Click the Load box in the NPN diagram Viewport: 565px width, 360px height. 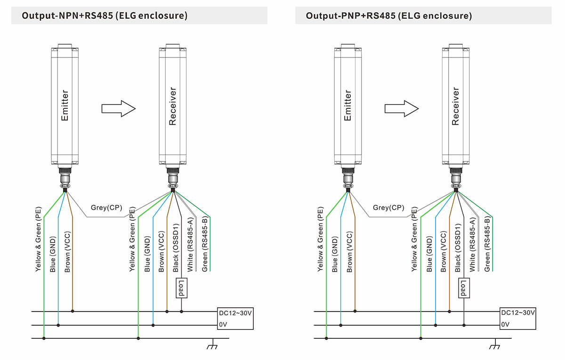pos(181,288)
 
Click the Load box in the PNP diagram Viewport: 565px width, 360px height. pos(464,288)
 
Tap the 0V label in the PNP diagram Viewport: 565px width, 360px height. pos(505,325)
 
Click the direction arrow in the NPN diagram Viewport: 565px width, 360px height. pos(119,108)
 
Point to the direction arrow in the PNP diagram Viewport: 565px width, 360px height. pos(402,108)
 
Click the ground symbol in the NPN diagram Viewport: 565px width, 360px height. pos(212,346)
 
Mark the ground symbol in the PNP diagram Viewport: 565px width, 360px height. pos(494,346)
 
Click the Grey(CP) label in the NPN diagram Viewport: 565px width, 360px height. pos(106,208)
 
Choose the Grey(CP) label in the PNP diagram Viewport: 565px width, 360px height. pos(388,208)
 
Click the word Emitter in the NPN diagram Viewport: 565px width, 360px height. pos(65,106)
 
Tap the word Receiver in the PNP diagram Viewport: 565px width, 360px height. pos(455,106)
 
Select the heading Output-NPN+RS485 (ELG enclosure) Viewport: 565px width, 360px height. pos(105,16)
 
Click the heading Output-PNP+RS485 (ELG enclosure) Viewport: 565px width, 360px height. pos(388,16)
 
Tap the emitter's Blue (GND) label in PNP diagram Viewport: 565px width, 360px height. pos(335,254)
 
